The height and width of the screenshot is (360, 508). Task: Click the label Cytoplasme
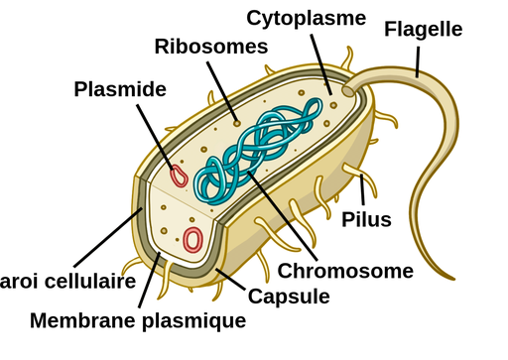307,19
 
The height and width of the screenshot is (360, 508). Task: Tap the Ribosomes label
211,46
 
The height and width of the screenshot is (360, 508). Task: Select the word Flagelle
423,29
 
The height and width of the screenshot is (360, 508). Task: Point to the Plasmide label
120,89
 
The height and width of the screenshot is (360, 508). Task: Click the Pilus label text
366,219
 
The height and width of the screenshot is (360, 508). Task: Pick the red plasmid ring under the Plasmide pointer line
180,176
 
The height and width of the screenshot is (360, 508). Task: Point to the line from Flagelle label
420,59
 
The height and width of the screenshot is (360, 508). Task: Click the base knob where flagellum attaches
346,90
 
